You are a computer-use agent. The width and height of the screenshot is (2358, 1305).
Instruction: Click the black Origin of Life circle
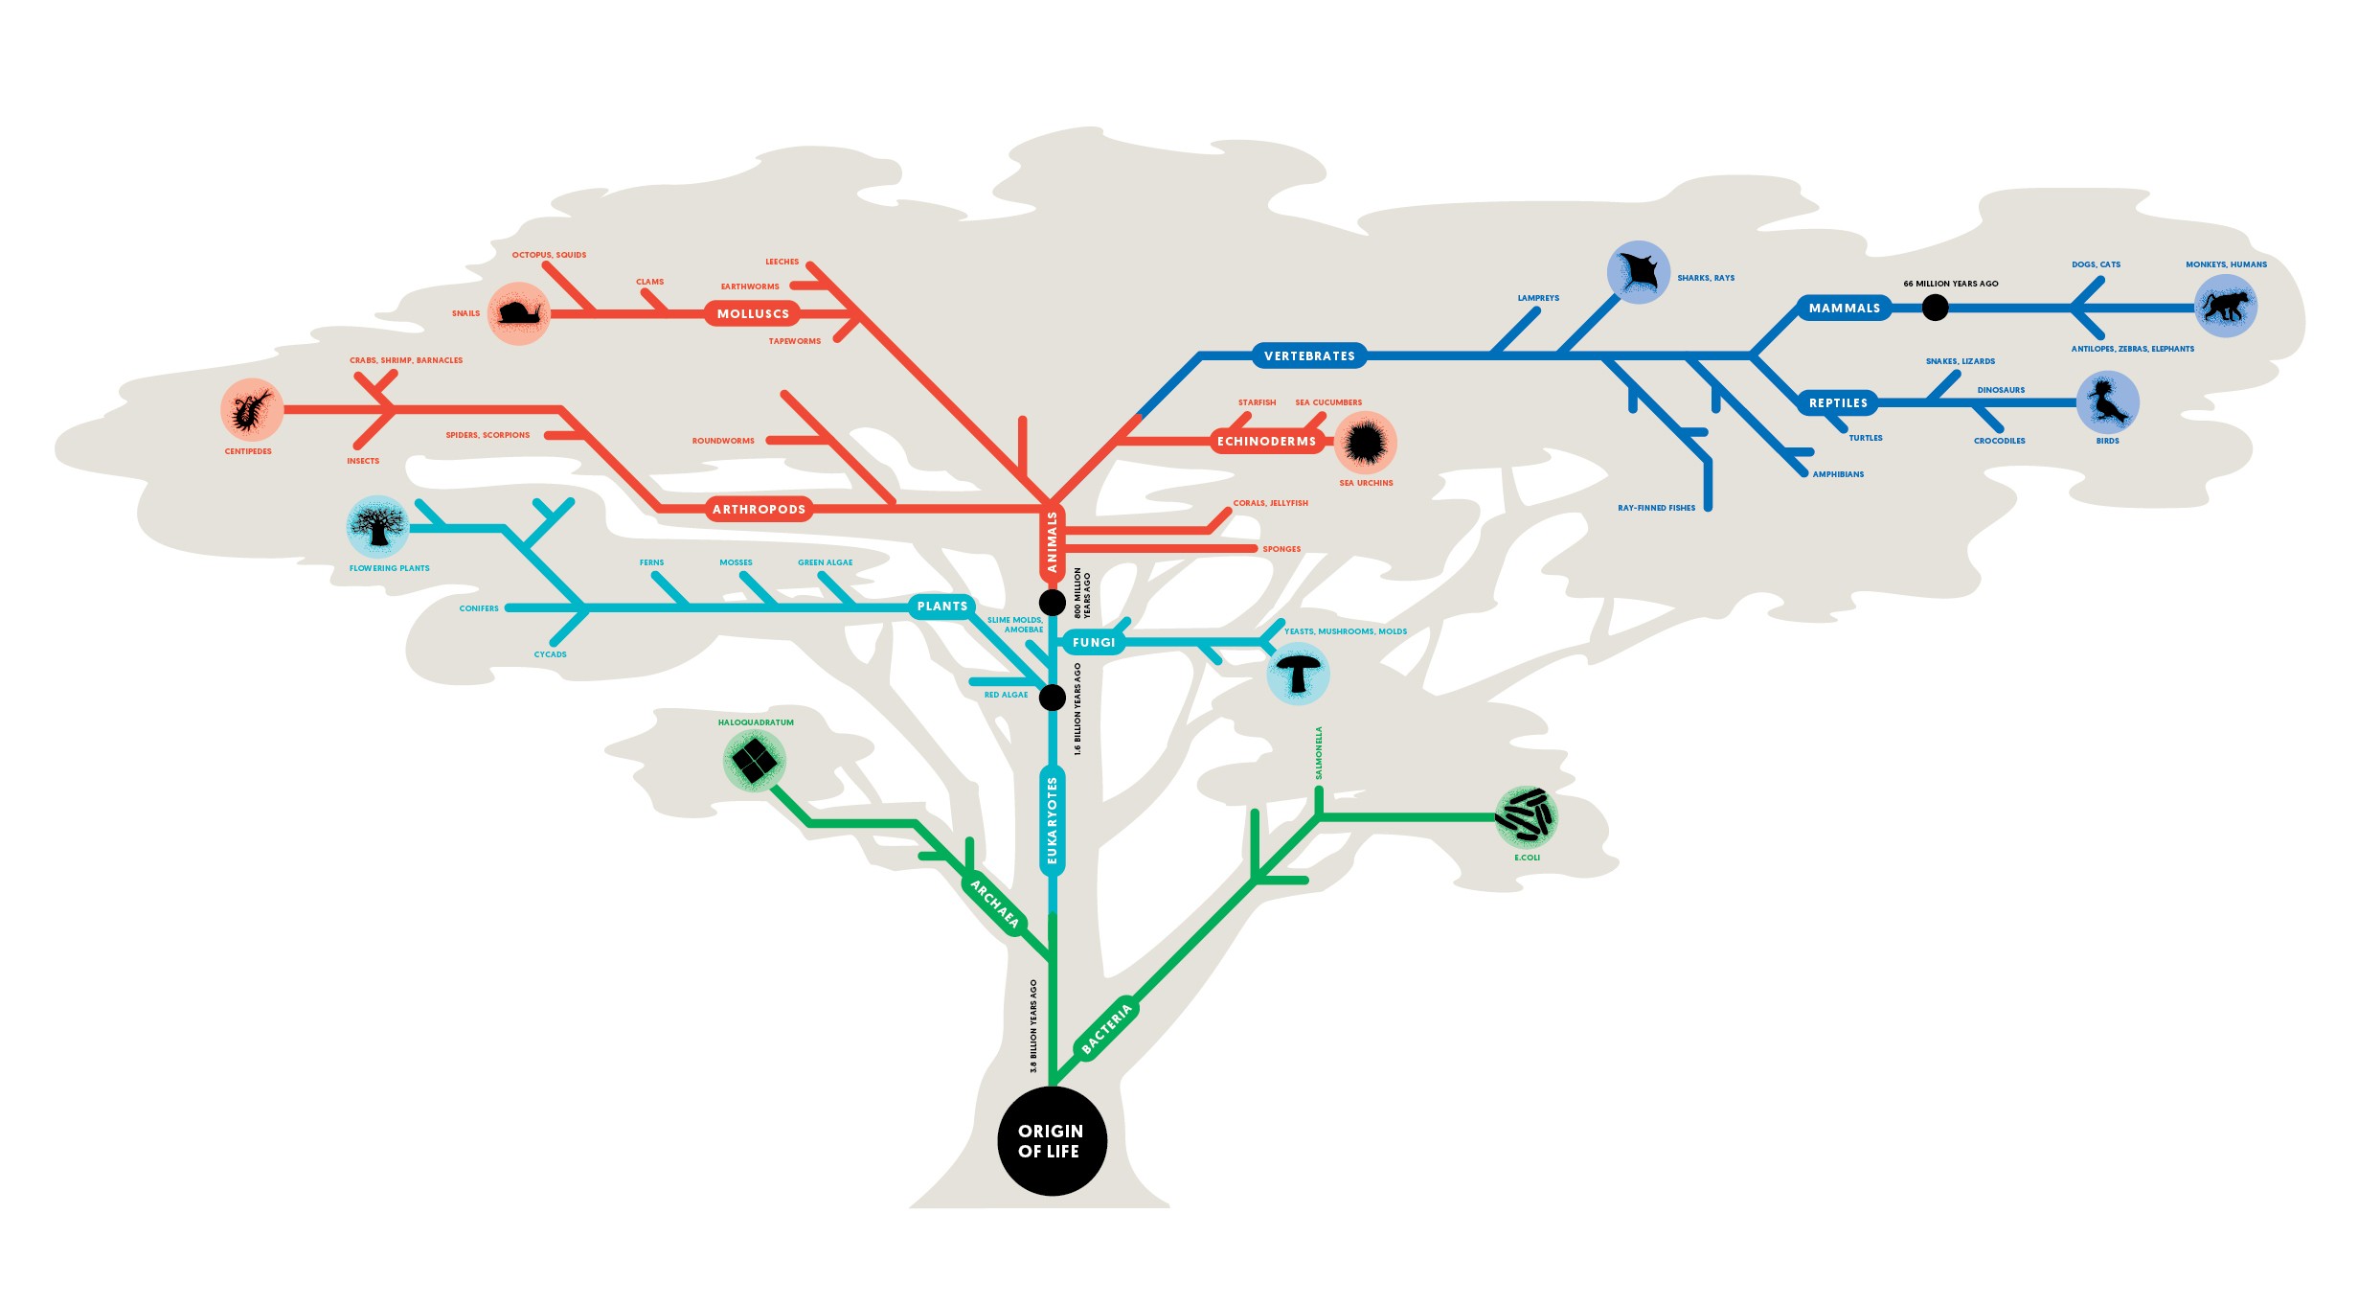click(x=1052, y=1140)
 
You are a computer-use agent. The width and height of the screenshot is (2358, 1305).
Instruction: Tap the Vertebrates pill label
click(x=1309, y=355)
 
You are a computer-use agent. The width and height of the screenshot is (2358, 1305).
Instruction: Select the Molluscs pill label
click(x=753, y=313)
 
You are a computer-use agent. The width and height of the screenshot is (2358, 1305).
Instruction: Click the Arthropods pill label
click(x=759, y=509)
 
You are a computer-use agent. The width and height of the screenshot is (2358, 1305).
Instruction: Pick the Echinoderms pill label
click(x=1266, y=441)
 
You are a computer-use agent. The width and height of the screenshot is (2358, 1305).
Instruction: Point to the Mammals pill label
click(x=1844, y=308)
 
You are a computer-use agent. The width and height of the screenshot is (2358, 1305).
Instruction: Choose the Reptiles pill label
click(x=1838, y=402)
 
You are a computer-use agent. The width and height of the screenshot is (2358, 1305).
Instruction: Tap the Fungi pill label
click(x=1093, y=642)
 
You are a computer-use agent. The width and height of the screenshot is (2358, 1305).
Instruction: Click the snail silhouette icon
click(x=519, y=312)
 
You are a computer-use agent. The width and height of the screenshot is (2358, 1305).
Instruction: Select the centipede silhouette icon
click(x=251, y=409)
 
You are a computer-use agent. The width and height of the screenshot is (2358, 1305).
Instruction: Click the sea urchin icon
click(x=1365, y=442)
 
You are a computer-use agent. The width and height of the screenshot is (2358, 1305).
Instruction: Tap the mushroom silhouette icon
click(x=1298, y=674)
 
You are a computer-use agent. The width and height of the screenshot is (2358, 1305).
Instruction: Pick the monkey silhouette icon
click(x=2225, y=306)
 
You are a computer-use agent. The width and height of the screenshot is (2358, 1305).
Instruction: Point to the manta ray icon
click(x=1639, y=272)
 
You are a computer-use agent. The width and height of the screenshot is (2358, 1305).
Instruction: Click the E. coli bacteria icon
click(x=1526, y=816)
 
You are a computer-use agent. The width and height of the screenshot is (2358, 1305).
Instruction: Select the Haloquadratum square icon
click(x=755, y=761)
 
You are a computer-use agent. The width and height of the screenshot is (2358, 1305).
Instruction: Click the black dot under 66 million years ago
click(x=1935, y=308)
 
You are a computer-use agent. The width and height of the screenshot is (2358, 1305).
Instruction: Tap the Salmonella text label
click(x=1319, y=753)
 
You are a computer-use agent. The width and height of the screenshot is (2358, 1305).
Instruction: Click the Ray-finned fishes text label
click(x=1656, y=508)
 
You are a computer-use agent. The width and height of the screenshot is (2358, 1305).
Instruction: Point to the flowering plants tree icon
click(x=377, y=526)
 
